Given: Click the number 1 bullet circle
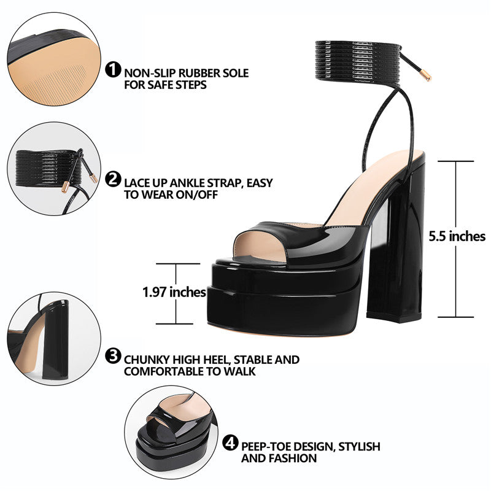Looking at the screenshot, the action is [x=113, y=69].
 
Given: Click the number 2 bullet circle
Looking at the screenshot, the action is [x=113, y=179].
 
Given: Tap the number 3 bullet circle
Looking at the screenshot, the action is [x=113, y=356].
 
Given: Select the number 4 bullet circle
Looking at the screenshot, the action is [x=230, y=443].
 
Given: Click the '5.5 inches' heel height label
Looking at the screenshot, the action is [x=457, y=236].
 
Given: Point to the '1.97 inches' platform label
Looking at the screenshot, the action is [x=174, y=292].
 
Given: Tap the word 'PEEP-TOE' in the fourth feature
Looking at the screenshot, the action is [x=264, y=447].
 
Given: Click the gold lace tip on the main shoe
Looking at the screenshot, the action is [x=427, y=76].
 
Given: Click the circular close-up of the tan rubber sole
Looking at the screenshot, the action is [x=54, y=59].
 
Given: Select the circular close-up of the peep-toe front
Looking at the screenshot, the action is [x=171, y=432].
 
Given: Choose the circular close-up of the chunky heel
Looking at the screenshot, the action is [x=54, y=339].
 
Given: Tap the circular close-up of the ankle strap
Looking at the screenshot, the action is [x=54, y=168].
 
